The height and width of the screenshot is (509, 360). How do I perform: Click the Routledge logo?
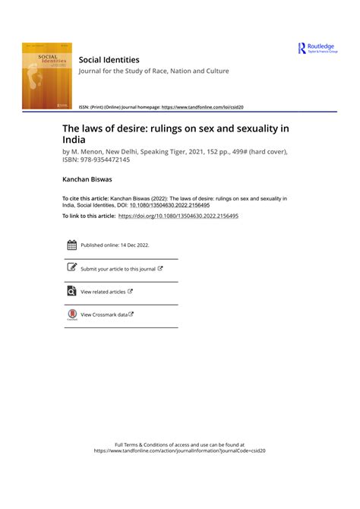tap(317, 49)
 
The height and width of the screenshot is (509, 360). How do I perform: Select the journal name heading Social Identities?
tap(110, 58)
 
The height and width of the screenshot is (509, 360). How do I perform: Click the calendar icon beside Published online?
tap(71, 245)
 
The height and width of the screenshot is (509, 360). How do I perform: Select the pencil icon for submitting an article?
tap(71, 268)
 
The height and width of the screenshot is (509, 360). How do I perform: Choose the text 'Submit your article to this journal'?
tap(118, 269)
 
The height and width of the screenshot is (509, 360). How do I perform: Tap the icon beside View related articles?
tap(71, 291)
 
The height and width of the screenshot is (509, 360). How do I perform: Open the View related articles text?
tap(103, 292)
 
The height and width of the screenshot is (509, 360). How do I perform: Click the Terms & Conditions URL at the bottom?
tap(179, 451)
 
